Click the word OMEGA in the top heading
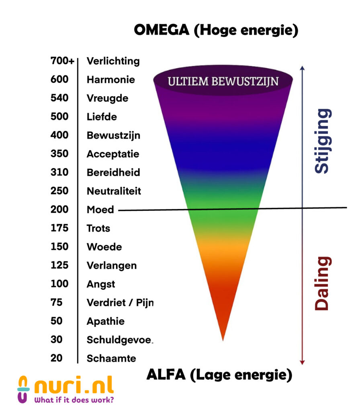coord(161,30)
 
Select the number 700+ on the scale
coord(62,61)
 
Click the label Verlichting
coord(113,61)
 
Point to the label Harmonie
coord(110,79)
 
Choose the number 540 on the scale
coord(59,98)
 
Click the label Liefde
coord(102,117)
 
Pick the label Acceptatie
coord(113,154)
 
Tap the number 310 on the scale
coord(59,172)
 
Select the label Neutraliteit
coord(114,191)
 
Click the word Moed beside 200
coord(100,210)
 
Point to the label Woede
coord(104,246)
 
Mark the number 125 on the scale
coord(59,265)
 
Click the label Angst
coord(101,284)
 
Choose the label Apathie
coord(105,321)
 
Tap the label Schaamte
coord(111,358)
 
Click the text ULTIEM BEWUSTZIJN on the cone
coord(223,81)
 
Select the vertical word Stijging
coord(323,140)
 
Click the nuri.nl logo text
coord(74,386)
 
